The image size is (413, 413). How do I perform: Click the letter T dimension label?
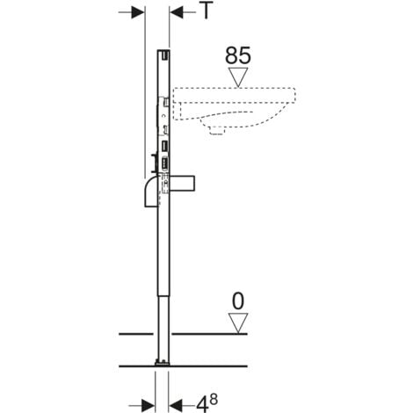tap(205, 12)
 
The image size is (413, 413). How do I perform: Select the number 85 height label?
tap(238, 55)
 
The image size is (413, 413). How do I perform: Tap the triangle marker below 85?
tap(238, 76)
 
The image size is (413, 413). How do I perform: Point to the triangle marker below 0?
tap(238, 323)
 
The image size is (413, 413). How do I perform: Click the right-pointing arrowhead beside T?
tap(136, 12)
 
